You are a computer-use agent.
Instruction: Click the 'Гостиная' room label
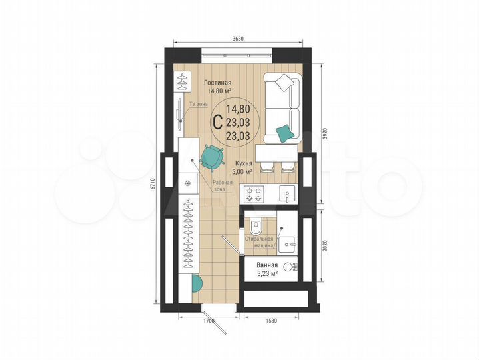click(x=217, y=82)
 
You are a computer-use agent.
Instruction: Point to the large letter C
click(x=217, y=121)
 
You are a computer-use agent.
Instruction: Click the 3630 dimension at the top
click(x=239, y=39)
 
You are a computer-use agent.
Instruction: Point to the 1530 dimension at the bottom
click(x=271, y=322)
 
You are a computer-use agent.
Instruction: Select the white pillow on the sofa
click(x=285, y=83)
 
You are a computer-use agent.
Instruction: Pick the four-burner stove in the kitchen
click(x=254, y=193)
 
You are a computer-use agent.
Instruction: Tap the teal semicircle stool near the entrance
click(x=195, y=283)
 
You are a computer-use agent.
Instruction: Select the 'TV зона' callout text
click(x=198, y=105)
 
